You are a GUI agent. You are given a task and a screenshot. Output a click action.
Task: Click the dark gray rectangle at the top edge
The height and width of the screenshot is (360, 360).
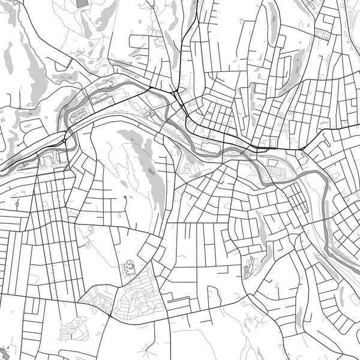point(82,3)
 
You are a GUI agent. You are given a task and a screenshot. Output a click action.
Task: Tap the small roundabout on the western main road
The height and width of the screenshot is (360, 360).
point(65,141)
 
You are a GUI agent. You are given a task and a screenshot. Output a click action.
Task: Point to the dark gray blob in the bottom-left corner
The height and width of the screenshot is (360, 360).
point(5,353)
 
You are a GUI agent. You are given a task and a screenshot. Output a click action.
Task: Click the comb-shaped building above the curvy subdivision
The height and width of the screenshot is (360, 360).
point(129,268)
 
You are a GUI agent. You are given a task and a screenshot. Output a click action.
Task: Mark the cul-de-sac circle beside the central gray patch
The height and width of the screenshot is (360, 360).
point(125,197)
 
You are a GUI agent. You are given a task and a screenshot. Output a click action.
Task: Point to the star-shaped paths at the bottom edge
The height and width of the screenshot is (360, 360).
point(248,325)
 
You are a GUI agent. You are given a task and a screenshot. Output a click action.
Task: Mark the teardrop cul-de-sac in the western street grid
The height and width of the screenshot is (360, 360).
point(17,203)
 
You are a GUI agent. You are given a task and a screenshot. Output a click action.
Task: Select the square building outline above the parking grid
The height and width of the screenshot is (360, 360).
point(273,163)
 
